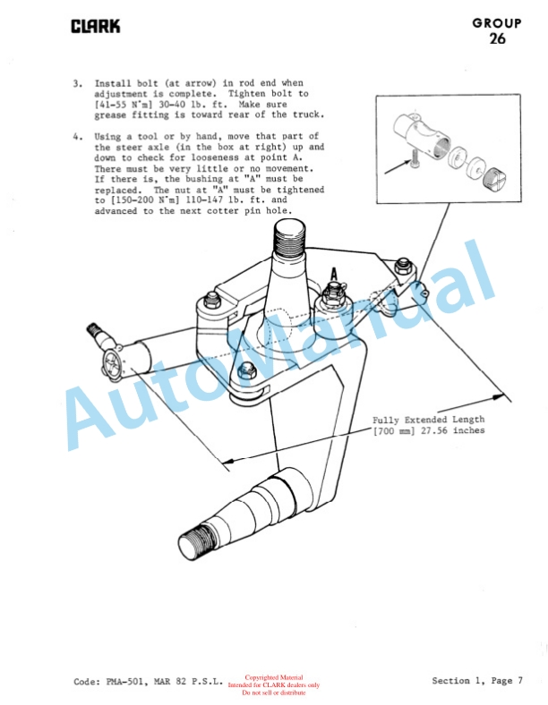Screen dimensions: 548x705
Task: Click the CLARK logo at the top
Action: point(96,27)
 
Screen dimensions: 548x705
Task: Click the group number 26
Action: point(497,38)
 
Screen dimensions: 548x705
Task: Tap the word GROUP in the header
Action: point(497,23)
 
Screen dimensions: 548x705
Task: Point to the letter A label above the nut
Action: point(334,274)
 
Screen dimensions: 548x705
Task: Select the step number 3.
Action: point(77,83)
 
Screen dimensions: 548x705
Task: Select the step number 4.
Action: point(77,136)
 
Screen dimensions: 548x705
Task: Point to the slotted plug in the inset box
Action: point(492,179)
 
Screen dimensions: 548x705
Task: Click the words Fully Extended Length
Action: point(428,420)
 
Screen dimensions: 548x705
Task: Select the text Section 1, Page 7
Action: point(477,681)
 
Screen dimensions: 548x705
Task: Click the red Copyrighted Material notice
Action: point(273,677)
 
